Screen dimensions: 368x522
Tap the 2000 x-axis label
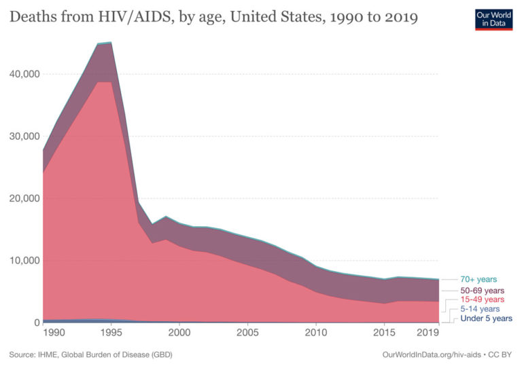(179, 333)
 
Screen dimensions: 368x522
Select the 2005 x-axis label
(247, 333)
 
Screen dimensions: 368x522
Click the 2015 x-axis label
(384, 333)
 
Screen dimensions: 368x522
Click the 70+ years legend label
(478, 279)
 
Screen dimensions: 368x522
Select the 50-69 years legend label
(482, 290)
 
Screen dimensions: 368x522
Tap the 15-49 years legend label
(482, 299)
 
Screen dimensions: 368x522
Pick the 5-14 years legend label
(480, 309)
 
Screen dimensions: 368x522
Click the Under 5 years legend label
(486, 318)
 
